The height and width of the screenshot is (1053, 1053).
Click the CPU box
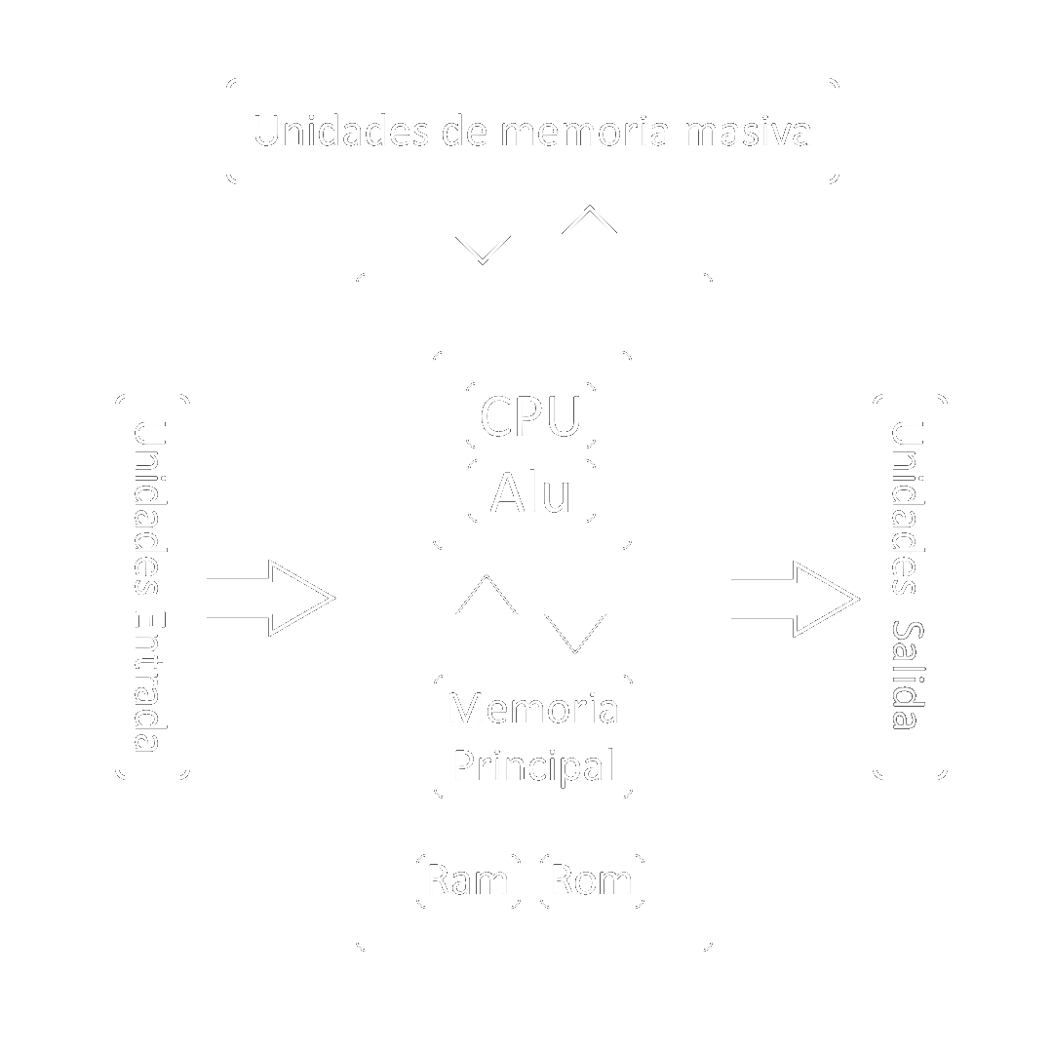(x=531, y=415)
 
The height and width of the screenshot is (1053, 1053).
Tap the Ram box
(x=468, y=880)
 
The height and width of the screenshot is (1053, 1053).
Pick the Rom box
(x=592, y=880)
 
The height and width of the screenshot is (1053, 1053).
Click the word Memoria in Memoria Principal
(x=532, y=708)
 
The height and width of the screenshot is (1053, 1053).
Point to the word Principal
(x=533, y=765)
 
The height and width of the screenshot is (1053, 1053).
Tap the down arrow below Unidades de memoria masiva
(x=483, y=236)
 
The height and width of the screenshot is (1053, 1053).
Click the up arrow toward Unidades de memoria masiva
(x=590, y=232)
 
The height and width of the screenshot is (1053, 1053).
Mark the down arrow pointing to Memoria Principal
(x=575, y=614)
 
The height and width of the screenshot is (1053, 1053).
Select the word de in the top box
(x=463, y=131)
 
